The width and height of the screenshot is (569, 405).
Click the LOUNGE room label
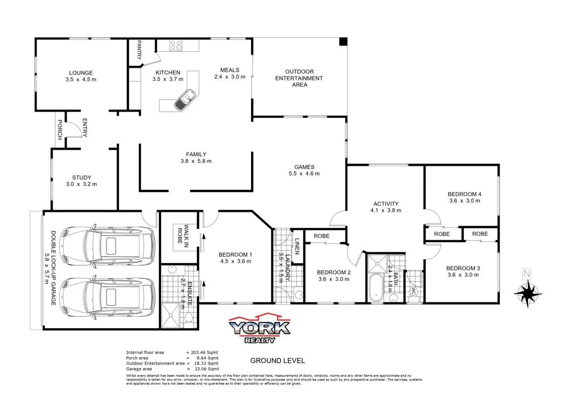click(x=81, y=73)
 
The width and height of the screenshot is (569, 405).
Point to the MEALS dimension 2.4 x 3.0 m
click(x=229, y=77)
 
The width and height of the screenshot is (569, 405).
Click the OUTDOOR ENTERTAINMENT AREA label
click(x=299, y=78)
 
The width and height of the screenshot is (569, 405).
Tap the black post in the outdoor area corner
click(x=343, y=42)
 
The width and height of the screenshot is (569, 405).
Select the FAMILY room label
click(x=196, y=154)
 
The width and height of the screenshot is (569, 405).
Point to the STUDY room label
click(x=81, y=177)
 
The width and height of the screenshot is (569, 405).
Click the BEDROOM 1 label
click(x=235, y=254)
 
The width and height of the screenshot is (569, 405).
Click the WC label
click(x=413, y=291)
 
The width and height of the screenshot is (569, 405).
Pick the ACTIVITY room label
click(x=386, y=203)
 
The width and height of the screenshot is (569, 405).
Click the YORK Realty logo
click(x=259, y=329)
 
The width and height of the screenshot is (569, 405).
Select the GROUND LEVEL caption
click(x=278, y=361)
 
